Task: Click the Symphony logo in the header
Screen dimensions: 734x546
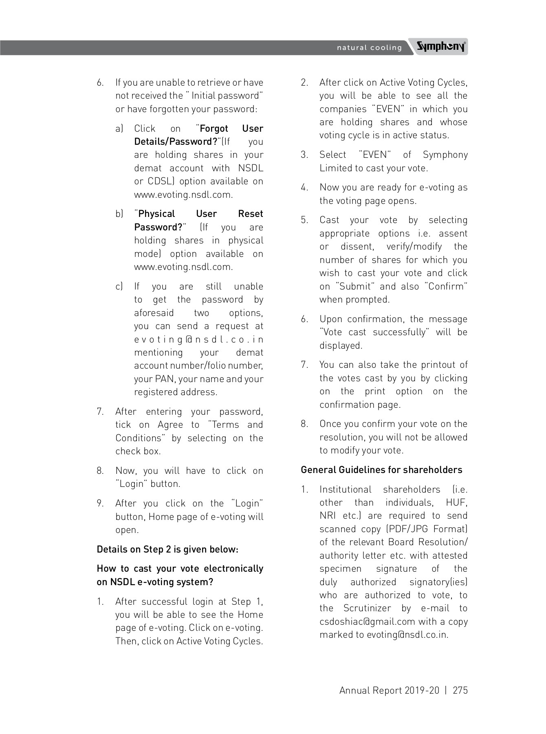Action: [441, 47]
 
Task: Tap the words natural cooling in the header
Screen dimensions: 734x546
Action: [369, 48]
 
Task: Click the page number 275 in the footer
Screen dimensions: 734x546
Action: [460, 690]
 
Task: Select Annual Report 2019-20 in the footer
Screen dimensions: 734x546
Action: [389, 690]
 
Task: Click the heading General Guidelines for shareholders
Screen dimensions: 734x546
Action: [381, 470]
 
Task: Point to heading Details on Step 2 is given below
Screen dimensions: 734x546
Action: [167, 549]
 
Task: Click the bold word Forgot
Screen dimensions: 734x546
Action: [214, 128]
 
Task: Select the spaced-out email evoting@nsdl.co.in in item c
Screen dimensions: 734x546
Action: [198, 339]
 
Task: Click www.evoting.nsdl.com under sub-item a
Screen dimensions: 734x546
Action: [183, 195]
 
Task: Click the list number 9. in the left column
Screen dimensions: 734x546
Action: [100, 503]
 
